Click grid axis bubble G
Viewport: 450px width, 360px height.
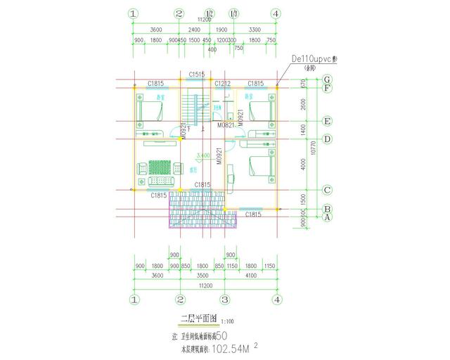[327, 80]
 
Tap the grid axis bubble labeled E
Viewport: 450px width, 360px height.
[327, 121]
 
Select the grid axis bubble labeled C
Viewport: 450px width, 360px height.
[327, 190]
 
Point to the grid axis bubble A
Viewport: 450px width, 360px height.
[327, 218]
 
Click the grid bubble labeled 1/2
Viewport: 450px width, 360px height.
[209, 13]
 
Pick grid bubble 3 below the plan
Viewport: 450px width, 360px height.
[224, 300]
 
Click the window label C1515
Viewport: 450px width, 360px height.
[197, 74]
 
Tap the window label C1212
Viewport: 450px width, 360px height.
[222, 84]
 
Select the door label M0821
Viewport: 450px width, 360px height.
[226, 125]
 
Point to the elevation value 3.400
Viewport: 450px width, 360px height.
[202, 155]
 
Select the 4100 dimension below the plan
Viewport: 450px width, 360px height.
[250, 276]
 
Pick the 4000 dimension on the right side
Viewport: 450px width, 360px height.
[303, 165]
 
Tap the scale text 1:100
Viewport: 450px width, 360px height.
[227, 322]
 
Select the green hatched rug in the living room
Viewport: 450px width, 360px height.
[159, 167]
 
